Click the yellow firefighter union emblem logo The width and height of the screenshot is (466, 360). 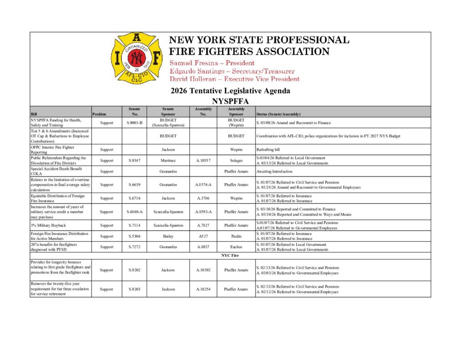(x=136, y=57)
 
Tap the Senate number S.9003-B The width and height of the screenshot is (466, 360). (x=135, y=123)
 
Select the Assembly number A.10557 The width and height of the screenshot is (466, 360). (x=203, y=161)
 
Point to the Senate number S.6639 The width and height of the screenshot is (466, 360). (x=135, y=185)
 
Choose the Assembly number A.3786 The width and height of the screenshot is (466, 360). (x=203, y=198)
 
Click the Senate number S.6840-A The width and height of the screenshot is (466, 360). (x=135, y=212)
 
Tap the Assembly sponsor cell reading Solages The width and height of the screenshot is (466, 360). (x=236, y=161)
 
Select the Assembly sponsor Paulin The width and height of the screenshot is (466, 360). (x=236, y=236)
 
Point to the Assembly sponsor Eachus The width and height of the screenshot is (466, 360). (x=236, y=247)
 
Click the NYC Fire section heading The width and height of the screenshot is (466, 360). (x=230, y=256)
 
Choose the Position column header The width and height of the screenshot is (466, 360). (x=99, y=114)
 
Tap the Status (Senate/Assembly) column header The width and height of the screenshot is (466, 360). (x=278, y=114)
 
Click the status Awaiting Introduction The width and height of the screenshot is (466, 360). (x=273, y=172)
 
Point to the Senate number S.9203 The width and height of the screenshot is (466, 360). (x=135, y=289)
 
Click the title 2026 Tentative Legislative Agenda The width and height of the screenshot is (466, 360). (x=230, y=91)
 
